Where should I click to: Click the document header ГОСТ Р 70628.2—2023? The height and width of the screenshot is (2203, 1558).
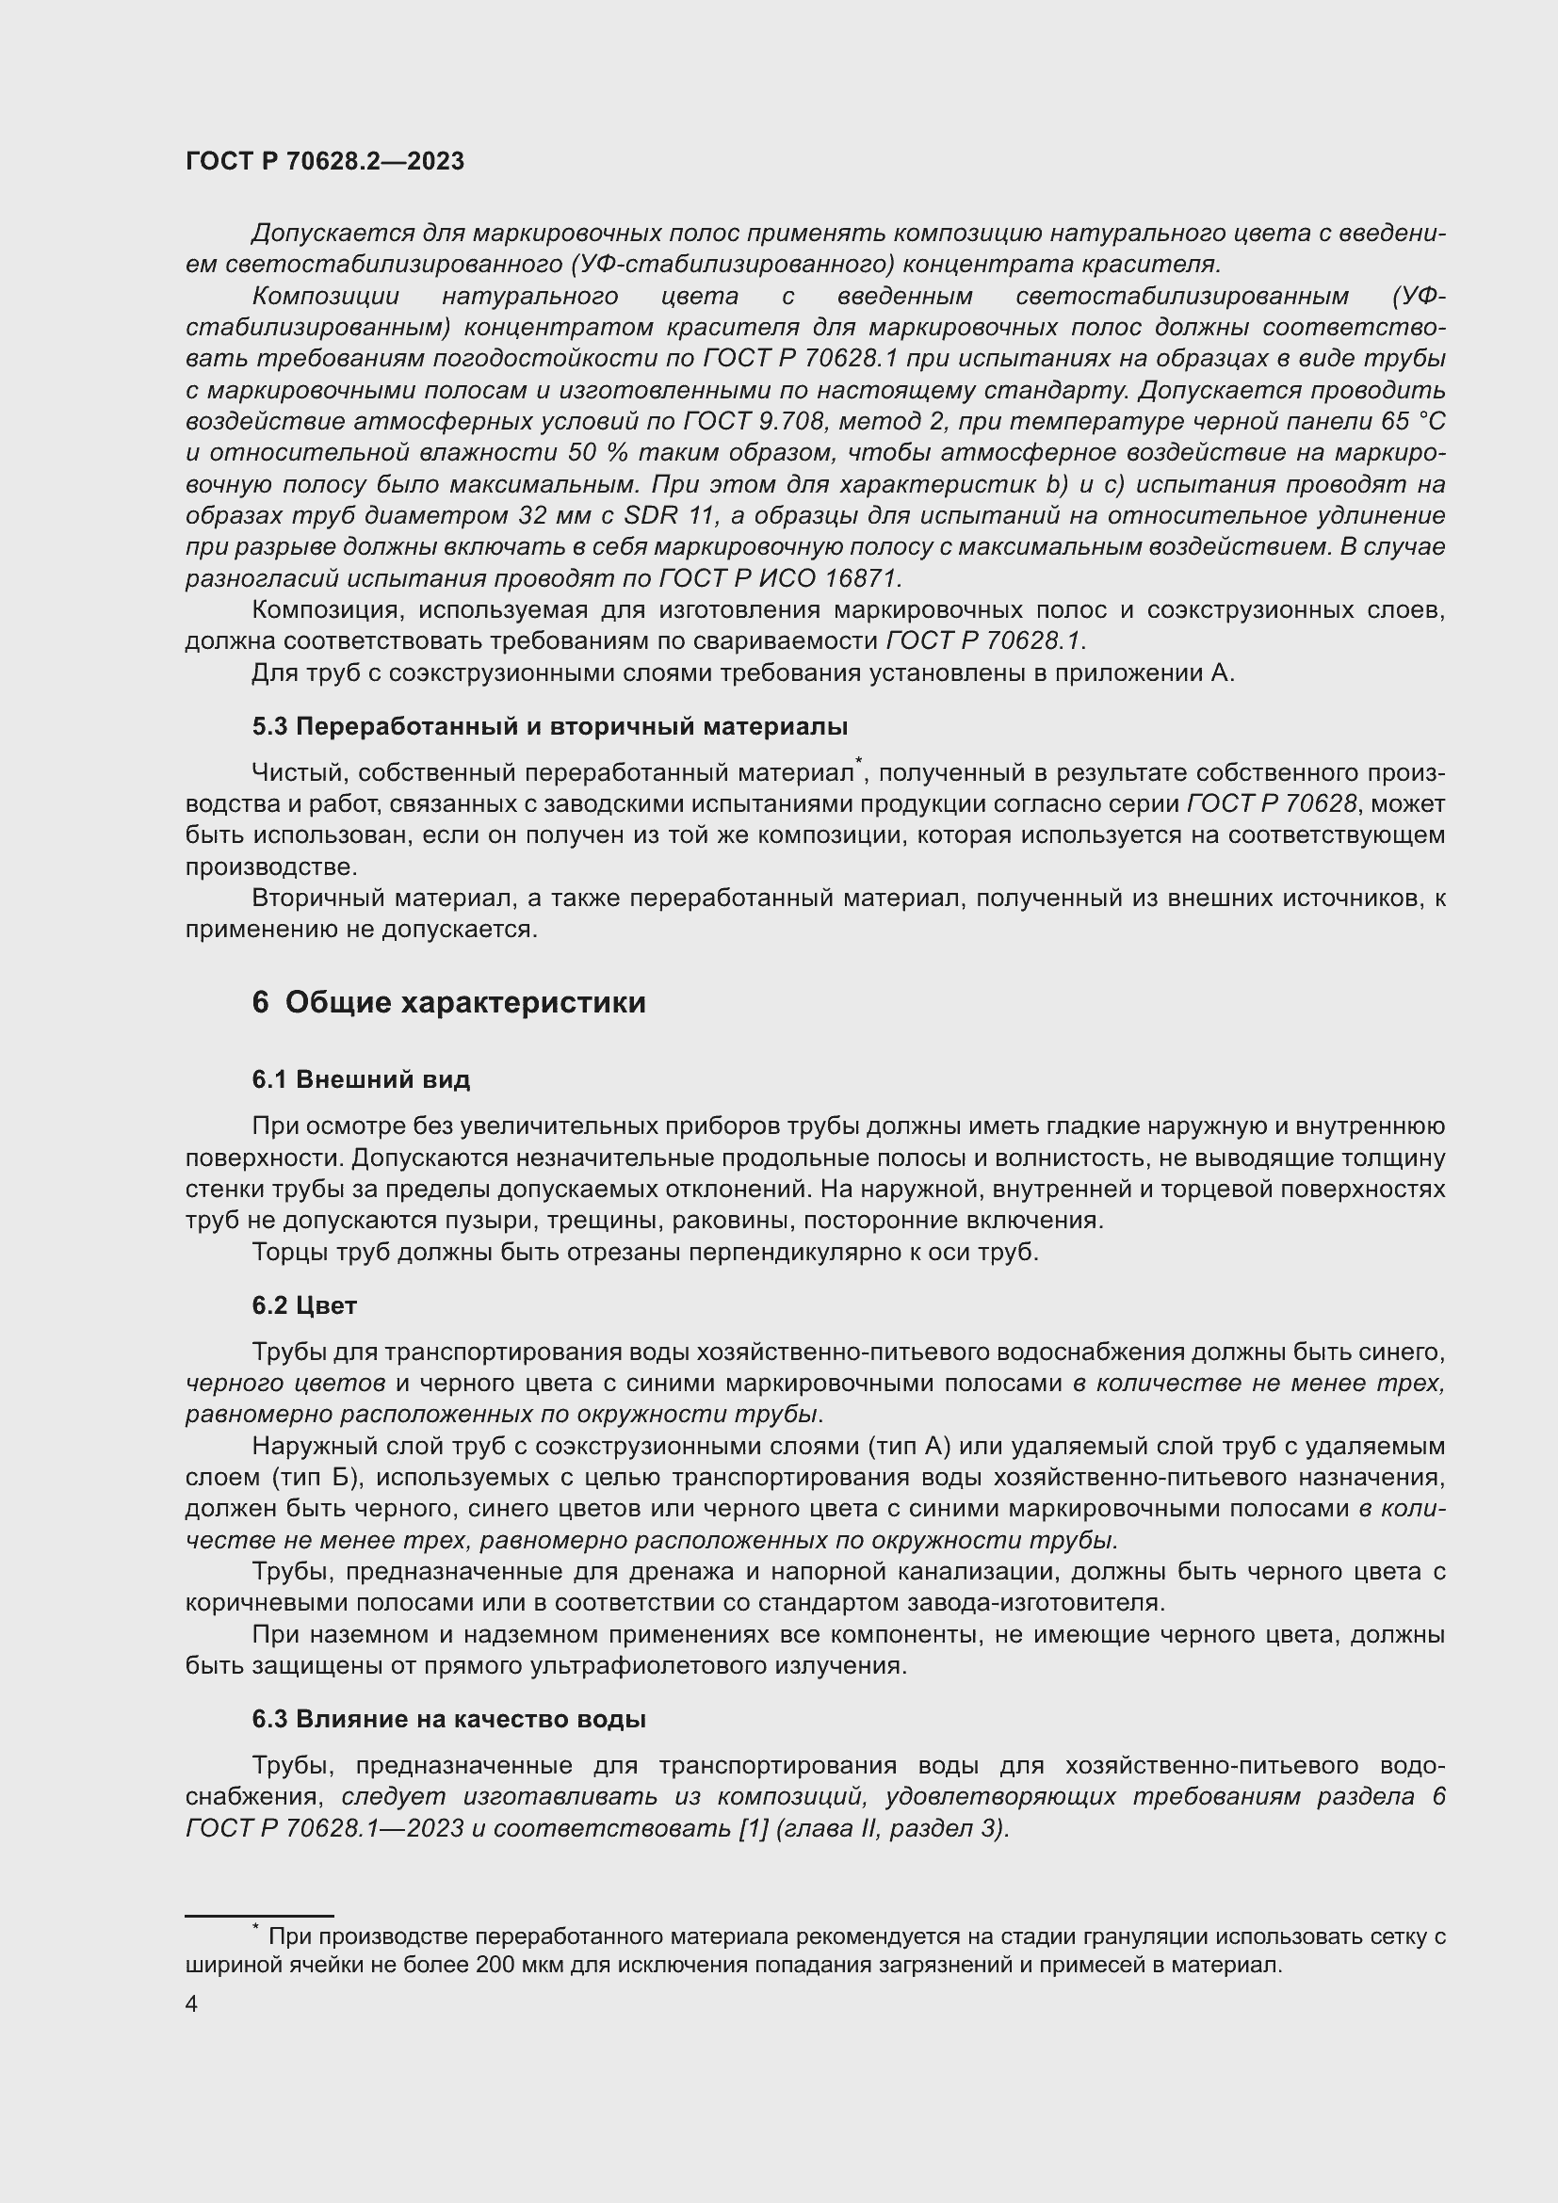[324, 161]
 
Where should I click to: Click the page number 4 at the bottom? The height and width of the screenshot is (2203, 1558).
[191, 2004]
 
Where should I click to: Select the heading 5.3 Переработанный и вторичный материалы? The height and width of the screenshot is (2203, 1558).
[550, 726]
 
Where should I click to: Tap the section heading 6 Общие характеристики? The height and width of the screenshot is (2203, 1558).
[449, 1003]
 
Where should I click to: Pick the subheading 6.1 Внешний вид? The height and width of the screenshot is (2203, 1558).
[361, 1079]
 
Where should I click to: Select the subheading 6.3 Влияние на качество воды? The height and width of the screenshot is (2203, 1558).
[449, 1719]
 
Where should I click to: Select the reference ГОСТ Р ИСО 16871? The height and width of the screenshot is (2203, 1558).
[779, 578]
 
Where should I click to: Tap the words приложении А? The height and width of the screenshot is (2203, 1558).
[1144, 672]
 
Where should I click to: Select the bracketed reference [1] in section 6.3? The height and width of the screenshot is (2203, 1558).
[752, 1828]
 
